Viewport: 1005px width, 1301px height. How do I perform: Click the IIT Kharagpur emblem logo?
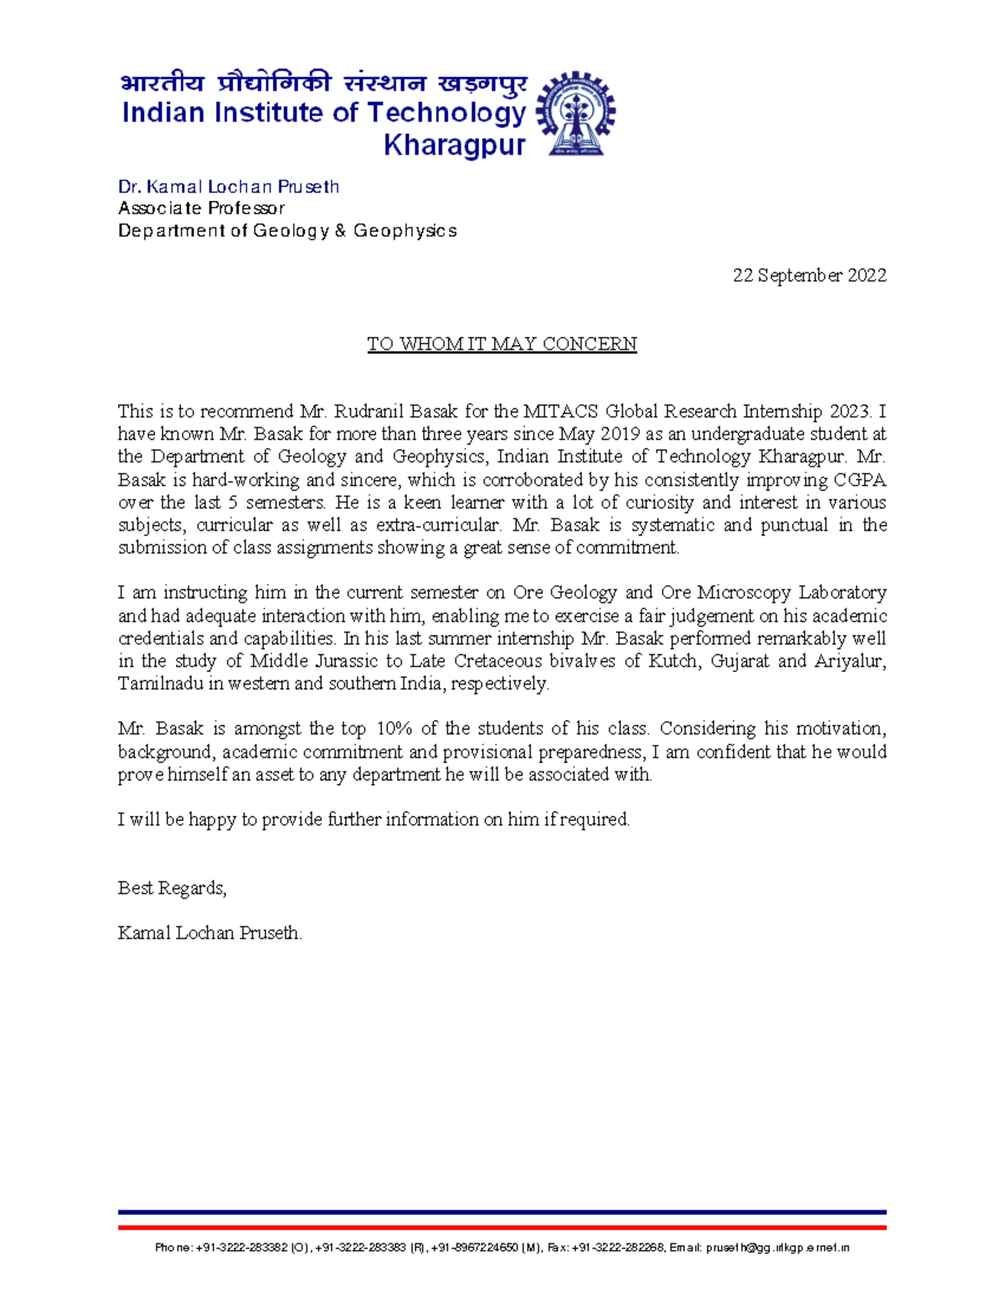coord(575,114)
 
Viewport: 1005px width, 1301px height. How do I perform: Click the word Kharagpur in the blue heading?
coord(454,146)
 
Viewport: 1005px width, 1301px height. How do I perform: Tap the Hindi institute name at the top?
coord(323,84)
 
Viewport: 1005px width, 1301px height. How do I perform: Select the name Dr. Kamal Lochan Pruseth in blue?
coord(229,187)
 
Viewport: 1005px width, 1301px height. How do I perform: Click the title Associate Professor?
coord(201,209)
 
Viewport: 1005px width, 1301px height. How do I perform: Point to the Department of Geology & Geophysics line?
coord(287,231)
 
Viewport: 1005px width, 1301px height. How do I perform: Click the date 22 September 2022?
coord(809,276)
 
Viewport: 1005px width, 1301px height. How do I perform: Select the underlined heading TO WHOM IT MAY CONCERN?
coord(502,344)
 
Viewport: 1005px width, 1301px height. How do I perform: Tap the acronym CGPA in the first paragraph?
coord(859,480)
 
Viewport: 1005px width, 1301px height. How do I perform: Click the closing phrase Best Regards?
coord(172,888)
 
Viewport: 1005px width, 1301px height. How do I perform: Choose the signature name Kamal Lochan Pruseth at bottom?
coord(209,933)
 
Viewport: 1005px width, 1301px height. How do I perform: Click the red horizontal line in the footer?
coord(502,1227)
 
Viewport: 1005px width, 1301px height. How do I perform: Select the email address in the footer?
coord(778,1248)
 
